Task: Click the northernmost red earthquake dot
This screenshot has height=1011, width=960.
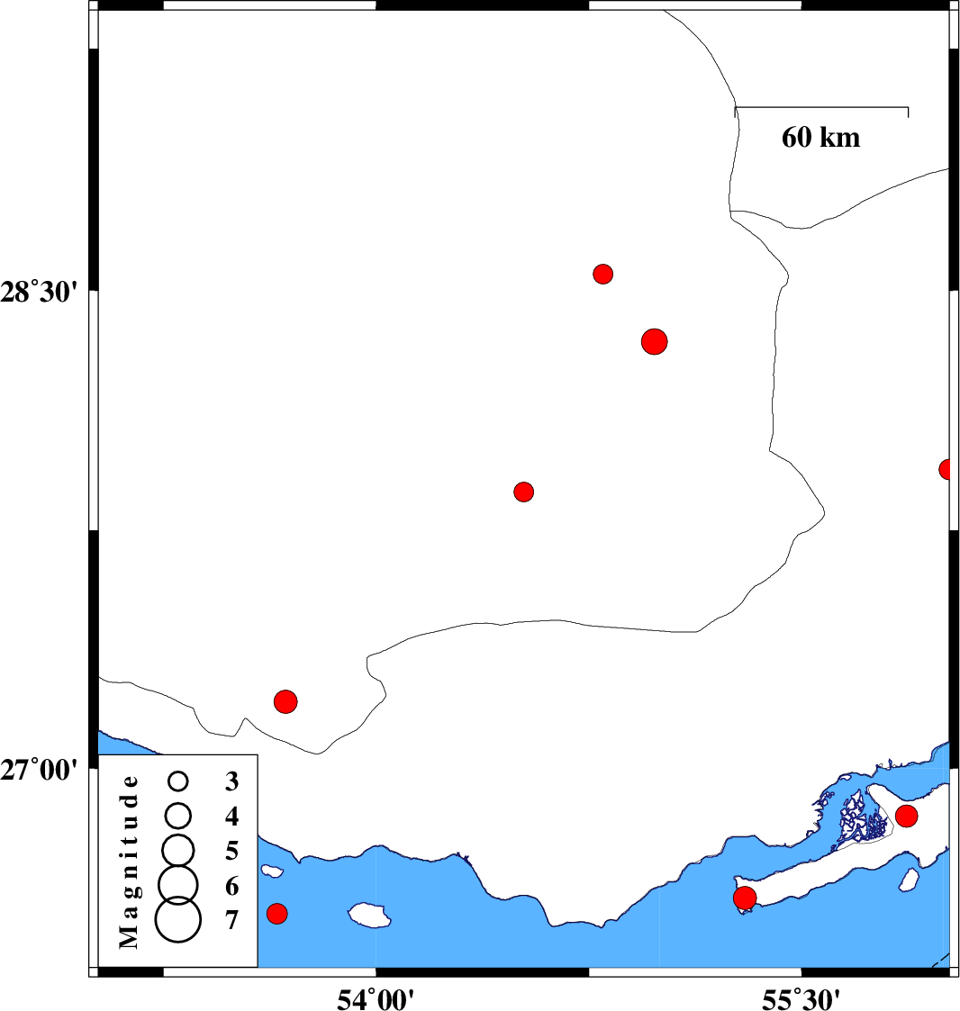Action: point(603,273)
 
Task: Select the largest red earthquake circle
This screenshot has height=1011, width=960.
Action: point(655,341)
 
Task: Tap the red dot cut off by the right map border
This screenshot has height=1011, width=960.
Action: point(946,469)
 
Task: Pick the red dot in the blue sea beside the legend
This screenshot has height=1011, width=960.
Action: point(277,913)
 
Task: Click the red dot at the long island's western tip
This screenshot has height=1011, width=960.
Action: point(745,898)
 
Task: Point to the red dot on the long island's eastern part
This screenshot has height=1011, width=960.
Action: point(906,816)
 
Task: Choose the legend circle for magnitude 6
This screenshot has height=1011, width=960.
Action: point(177,884)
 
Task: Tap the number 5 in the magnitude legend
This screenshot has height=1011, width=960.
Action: point(232,851)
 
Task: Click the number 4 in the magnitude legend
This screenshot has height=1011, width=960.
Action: point(232,817)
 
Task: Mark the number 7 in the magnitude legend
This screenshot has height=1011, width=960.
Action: point(232,921)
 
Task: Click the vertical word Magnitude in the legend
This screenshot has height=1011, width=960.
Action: point(130,862)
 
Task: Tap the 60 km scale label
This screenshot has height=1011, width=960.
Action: point(820,138)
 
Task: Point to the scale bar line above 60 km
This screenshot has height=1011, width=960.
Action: point(821,107)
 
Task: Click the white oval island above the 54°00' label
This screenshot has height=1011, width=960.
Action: point(370,916)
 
